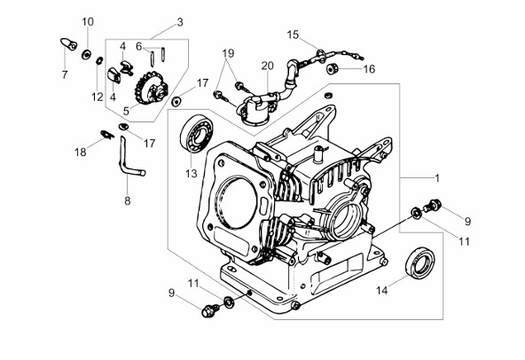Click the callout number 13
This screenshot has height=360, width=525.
click(x=192, y=174)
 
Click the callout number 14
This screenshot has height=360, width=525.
click(x=381, y=290)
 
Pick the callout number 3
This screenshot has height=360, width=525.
click(x=180, y=22)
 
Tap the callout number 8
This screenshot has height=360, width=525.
click(x=127, y=201)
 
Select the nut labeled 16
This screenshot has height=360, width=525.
click(x=333, y=68)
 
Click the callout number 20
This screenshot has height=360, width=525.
click(x=268, y=66)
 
